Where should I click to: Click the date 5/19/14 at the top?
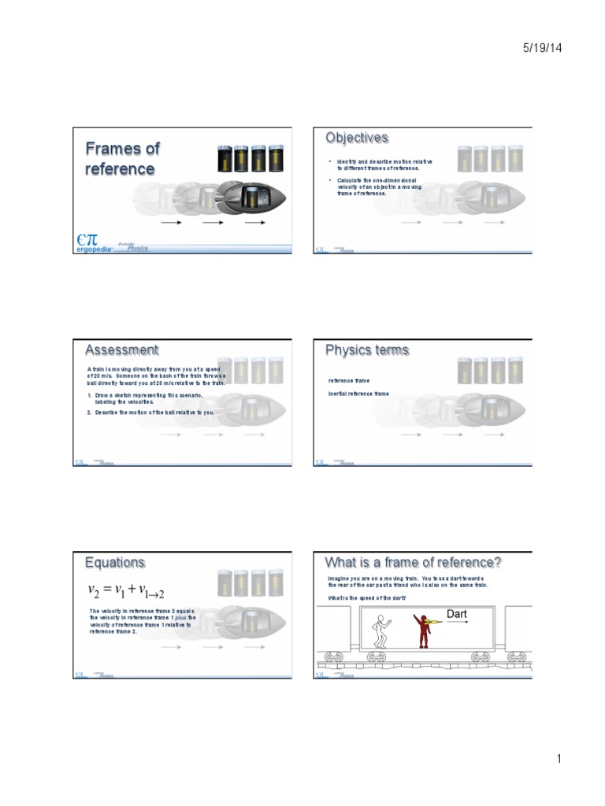tap(542, 49)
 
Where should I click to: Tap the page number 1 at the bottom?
tap(557, 759)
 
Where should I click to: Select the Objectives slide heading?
tap(357, 138)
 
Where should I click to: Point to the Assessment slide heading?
tap(121, 349)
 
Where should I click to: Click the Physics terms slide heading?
tap(367, 349)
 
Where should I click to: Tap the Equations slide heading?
tap(115, 562)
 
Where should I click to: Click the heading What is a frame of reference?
tap(414, 562)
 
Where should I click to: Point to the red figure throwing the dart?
tap(424, 629)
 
